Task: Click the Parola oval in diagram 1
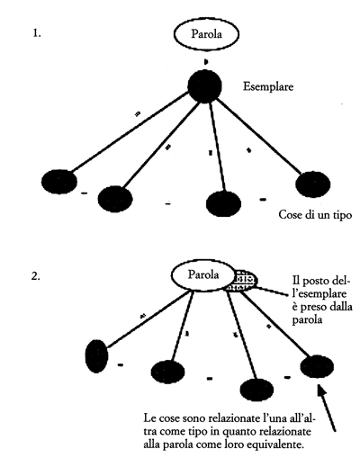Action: (x=206, y=34)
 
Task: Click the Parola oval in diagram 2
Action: (x=203, y=275)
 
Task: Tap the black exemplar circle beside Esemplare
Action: (x=205, y=86)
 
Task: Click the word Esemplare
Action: (x=268, y=87)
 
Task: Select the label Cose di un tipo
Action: (x=315, y=215)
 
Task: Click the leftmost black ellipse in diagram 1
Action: (x=59, y=182)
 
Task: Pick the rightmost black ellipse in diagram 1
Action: (x=313, y=184)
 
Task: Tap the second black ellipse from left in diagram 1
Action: (x=115, y=199)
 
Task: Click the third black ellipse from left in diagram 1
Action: (x=223, y=203)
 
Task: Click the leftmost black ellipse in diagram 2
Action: (x=96, y=356)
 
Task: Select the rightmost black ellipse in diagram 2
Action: (x=317, y=366)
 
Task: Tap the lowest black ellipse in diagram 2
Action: (x=257, y=390)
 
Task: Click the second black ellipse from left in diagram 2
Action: (x=167, y=372)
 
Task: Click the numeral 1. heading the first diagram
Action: (x=37, y=33)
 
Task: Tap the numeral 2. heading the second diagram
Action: (x=36, y=276)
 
